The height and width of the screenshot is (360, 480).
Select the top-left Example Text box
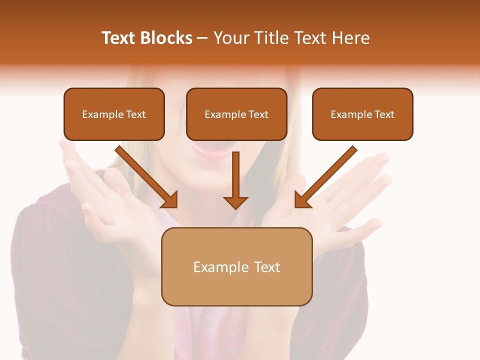[114, 114]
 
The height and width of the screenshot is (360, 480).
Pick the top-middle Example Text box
[236, 114]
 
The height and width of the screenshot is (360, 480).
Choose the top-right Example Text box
[362, 114]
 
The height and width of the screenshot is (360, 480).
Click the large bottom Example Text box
[236, 266]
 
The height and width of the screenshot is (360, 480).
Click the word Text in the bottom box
[266, 267]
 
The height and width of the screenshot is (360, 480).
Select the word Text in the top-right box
[384, 114]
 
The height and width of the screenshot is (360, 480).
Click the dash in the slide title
[202, 38]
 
